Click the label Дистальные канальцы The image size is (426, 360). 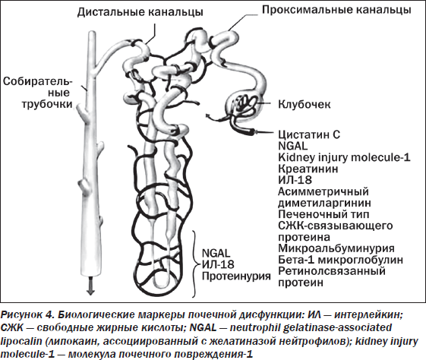coord(140,12)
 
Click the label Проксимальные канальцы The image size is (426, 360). coord(336,10)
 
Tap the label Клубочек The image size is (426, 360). coord(305,104)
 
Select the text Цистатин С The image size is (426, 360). coord(309,134)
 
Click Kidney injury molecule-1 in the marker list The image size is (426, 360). coord(344,157)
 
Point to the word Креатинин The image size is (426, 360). coord(308,169)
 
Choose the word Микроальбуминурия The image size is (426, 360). coord(336,248)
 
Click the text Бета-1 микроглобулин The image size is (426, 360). coord(340,260)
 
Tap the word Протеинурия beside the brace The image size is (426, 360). coord(236,276)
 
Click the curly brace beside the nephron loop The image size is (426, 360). coord(195,264)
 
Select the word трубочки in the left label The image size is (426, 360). coord(47,104)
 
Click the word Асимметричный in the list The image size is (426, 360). coord(323,191)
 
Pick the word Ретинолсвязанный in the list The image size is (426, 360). coord(332,271)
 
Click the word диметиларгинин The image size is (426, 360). coord(324,203)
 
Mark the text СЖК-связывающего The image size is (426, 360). coord(336,226)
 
